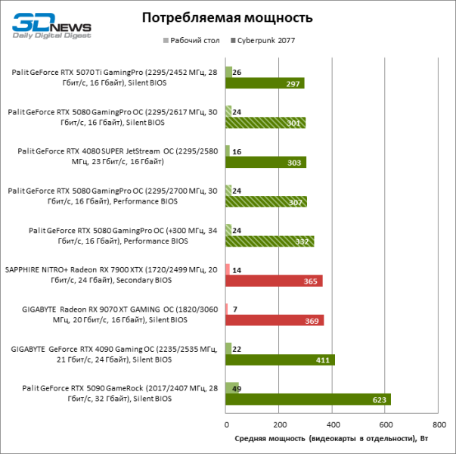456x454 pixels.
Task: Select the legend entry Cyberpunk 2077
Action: (274, 40)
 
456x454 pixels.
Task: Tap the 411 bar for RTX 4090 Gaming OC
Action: (280, 359)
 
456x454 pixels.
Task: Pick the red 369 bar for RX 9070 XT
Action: (275, 320)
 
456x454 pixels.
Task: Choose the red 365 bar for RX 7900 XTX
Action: (274, 281)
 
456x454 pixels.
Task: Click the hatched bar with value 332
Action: (269, 241)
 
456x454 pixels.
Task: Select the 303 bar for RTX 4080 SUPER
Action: (265, 162)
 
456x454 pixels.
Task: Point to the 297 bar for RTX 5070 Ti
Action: (265, 83)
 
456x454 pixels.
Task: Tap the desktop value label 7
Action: (236, 309)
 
